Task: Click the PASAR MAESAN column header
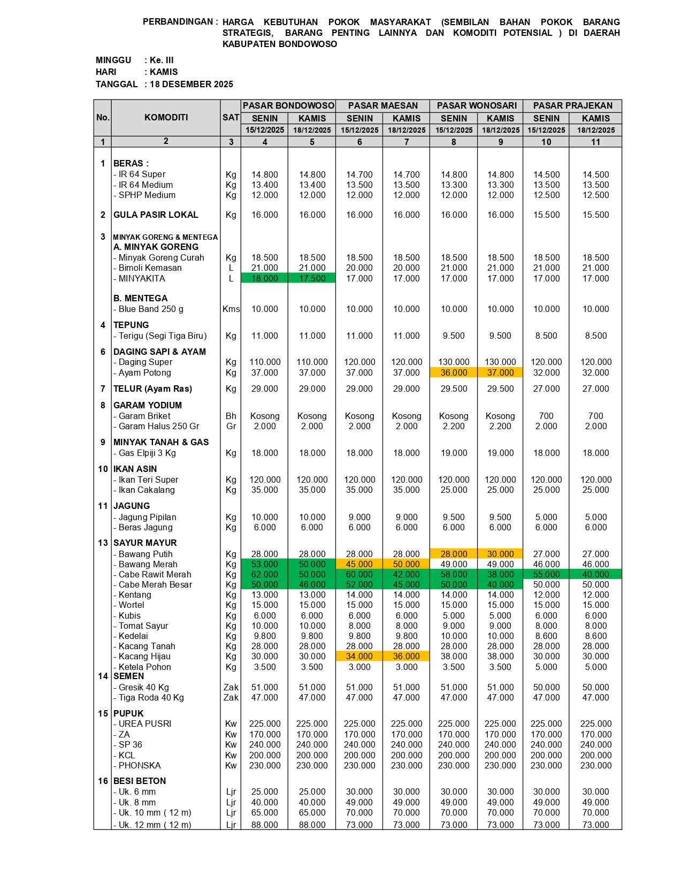pos(382,105)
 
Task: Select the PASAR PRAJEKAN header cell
pos(572,105)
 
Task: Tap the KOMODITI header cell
pos(166,117)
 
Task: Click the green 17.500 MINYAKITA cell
pos(312,278)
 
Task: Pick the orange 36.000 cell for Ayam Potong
pos(454,372)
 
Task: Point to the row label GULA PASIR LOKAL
pos(156,215)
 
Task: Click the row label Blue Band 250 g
pos(151,309)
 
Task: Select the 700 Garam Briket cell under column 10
pos(546,416)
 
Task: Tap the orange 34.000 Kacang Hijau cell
pos(359,656)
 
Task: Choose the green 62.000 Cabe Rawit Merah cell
pos(265,574)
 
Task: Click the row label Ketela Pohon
pos(144,667)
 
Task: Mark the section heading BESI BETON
pos(140,781)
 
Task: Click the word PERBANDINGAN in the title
pos(178,22)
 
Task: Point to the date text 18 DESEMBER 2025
pos(191,84)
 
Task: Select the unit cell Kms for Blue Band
pos(231,309)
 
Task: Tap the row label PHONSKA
pos(140,765)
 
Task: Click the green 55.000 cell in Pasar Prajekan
pos(546,574)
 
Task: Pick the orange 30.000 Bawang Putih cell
pos(500,554)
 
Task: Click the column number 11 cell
pos(595,142)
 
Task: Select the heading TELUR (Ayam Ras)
pos(152,389)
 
